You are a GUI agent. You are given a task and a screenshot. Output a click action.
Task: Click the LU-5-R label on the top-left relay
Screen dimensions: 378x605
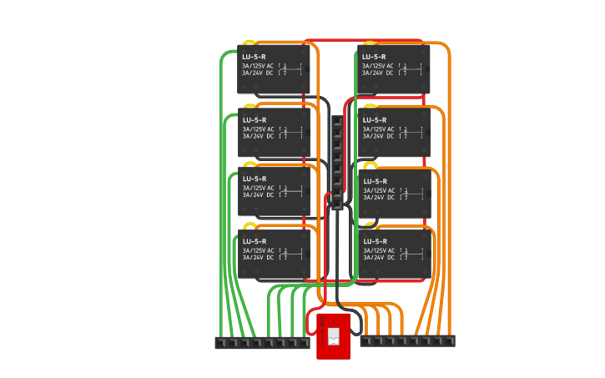click(254, 57)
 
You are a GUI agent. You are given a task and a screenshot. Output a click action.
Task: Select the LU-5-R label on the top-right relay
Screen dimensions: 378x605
click(374, 57)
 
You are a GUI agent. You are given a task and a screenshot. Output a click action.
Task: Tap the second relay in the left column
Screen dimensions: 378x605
click(274, 131)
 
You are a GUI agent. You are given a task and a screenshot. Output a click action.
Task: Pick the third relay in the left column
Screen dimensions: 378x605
click(274, 191)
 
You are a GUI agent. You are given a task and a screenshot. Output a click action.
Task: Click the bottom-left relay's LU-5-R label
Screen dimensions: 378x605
click(254, 241)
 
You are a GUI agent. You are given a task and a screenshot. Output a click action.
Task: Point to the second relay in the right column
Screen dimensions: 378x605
click(394, 131)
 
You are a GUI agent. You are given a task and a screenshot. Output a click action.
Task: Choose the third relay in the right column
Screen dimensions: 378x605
click(395, 193)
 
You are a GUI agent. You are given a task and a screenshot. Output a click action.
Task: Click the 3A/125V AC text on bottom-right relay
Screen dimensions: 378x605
click(378, 250)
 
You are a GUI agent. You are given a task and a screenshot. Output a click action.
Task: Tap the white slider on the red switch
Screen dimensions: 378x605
click(334, 336)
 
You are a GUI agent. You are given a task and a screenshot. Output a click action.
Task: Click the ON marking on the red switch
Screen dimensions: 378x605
click(323, 320)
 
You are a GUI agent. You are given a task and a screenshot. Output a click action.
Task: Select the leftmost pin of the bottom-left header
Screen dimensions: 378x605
click(221, 342)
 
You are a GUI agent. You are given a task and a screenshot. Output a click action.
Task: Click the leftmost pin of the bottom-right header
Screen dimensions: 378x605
click(366, 340)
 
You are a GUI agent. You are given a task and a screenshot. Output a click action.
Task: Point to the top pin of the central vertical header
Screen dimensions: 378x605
click(337, 122)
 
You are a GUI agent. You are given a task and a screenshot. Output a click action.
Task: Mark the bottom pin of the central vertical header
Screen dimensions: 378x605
click(337, 204)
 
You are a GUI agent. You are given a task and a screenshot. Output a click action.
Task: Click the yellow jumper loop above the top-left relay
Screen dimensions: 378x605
click(249, 43)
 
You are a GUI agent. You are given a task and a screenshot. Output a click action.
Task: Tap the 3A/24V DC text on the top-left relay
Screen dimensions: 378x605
click(258, 73)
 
